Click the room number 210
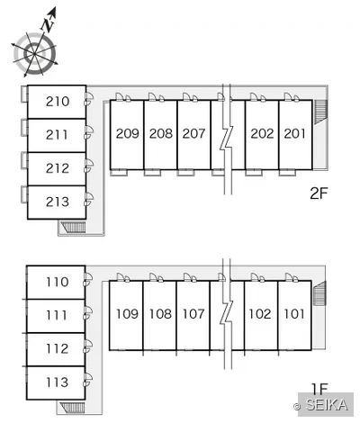pos(58,102)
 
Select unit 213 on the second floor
pos(58,202)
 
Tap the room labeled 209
pos(128,133)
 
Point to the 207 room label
pos(193,133)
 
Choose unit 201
pos(294,133)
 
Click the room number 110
pos(58,282)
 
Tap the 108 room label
pos(160,314)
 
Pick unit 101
pos(294,314)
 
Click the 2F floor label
pos(319,193)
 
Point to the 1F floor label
pos(319,389)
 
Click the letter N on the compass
pos(48,23)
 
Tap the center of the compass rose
pos(35,53)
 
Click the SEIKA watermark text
pos(327,405)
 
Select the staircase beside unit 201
pos(320,112)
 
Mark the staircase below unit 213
pos(73,227)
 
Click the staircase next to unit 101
pos(319,293)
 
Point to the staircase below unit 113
pos(72,408)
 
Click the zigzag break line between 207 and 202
pos(227,138)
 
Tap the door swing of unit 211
pos(89,132)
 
